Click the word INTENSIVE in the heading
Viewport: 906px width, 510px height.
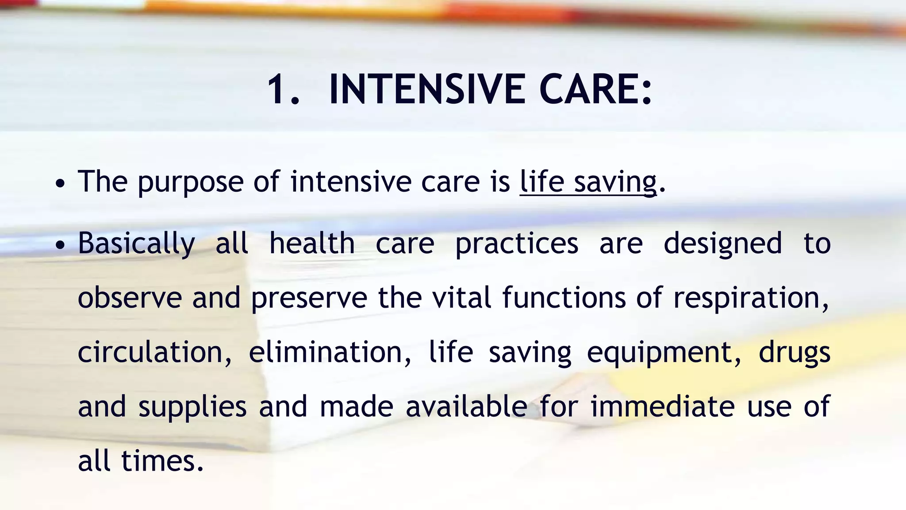(x=427, y=90)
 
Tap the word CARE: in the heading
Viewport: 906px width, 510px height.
(x=595, y=90)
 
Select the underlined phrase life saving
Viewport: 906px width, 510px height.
(x=588, y=182)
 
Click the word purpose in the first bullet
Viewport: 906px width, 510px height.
(x=190, y=183)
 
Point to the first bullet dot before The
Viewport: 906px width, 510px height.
(x=61, y=183)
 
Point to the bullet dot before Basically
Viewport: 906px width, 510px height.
(x=61, y=245)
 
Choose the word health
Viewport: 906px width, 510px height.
(x=312, y=243)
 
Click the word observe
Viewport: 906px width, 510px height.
(x=130, y=297)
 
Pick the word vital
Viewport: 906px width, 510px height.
(x=461, y=297)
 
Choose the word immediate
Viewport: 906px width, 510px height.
(x=662, y=406)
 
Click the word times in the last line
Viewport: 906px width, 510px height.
(x=162, y=461)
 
